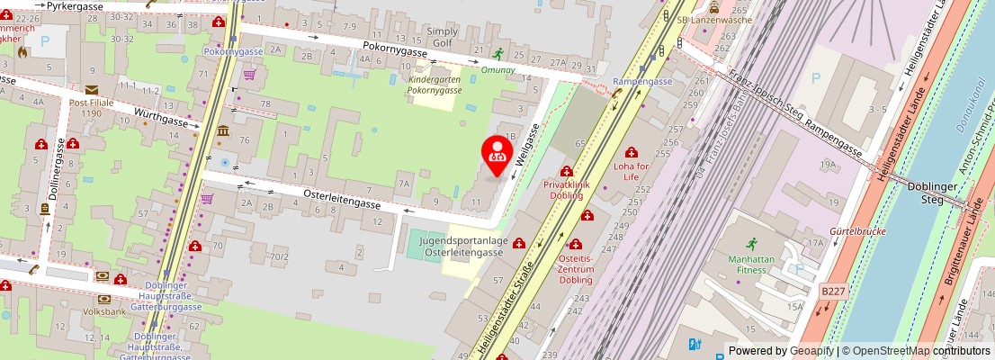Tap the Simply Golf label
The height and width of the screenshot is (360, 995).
pyautogui.click(x=443, y=36)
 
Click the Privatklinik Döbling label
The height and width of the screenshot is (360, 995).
pyautogui.click(x=563, y=189)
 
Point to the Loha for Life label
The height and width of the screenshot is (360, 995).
pyautogui.click(x=631, y=171)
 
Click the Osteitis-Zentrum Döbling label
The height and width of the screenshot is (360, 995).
pyautogui.click(x=577, y=268)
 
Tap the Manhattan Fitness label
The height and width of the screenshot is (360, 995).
pyautogui.click(x=751, y=265)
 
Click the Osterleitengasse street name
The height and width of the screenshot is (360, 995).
pyautogui.click(x=341, y=199)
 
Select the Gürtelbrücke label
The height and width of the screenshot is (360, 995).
pyautogui.click(x=857, y=231)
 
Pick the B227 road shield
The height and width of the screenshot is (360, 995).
pyautogui.click(x=832, y=291)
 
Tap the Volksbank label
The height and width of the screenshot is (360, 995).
pyautogui.click(x=104, y=312)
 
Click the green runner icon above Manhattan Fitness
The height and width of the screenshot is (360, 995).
pyautogui.click(x=751, y=244)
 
